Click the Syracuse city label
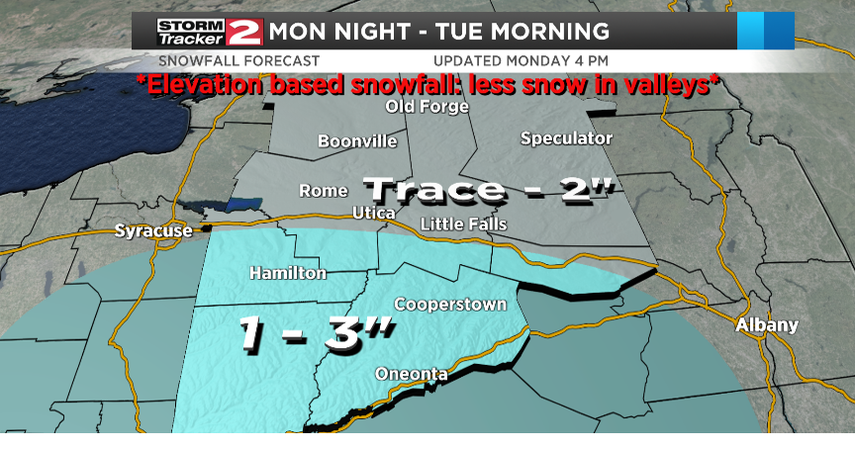tap(152, 231)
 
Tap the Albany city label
tap(767, 324)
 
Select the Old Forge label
tap(427, 107)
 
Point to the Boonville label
tap(357, 141)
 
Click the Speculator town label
tap(566, 138)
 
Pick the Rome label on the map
tap(324, 191)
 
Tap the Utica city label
tap(374, 214)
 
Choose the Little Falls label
tap(463, 224)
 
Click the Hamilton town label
tap(288, 272)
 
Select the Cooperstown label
tap(450, 304)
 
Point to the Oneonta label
tap(412, 373)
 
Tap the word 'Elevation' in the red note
tap(202, 85)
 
